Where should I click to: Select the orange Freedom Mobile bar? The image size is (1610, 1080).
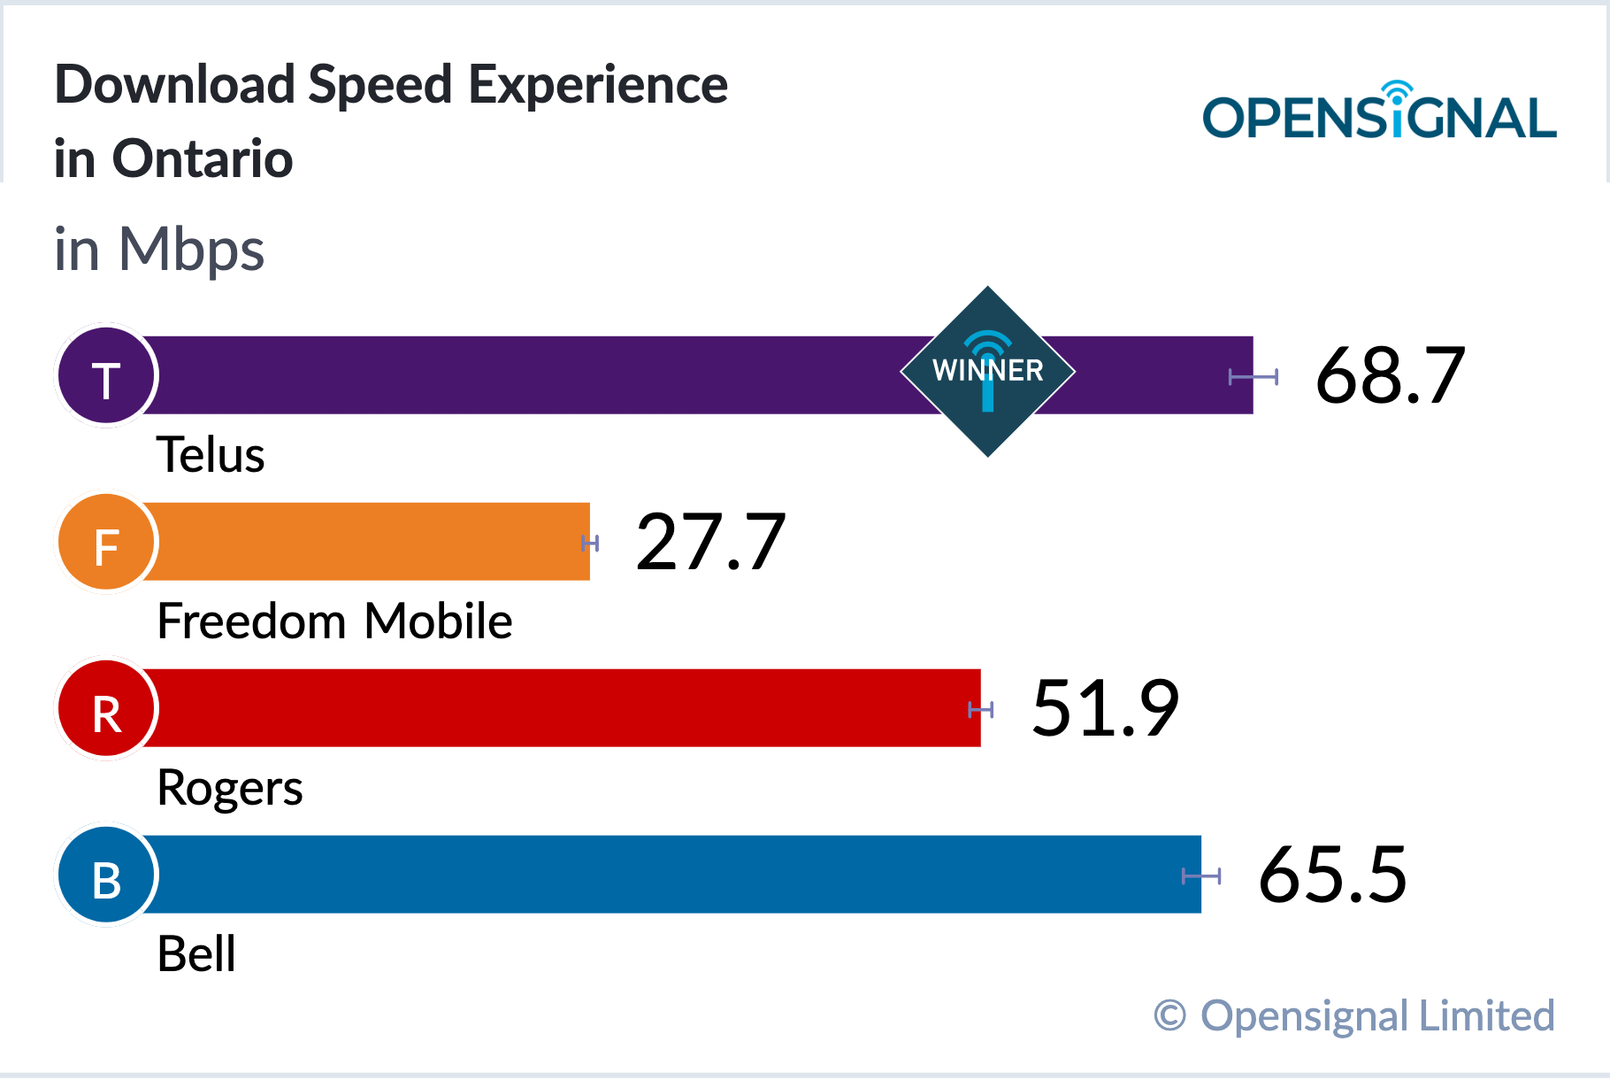point(363,542)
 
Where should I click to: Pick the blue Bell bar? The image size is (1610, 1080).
point(669,875)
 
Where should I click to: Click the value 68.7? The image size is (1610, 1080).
point(1390,376)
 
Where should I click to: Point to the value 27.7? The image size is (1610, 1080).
point(710,542)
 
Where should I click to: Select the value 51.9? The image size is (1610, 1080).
point(1105,708)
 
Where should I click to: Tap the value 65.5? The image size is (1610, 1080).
point(1332,875)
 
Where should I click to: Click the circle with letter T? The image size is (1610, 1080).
point(106,375)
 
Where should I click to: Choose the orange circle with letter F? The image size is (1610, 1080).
point(106,542)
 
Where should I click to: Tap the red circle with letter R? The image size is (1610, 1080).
point(106,708)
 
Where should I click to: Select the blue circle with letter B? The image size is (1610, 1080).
point(106,875)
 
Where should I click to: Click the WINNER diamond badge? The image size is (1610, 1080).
point(988,372)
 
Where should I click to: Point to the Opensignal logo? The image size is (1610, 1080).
point(1379,112)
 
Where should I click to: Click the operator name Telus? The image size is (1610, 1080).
point(211,455)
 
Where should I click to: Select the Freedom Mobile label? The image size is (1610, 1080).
point(334,621)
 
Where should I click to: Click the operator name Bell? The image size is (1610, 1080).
point(196,954)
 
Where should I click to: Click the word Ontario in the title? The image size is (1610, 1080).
point(203,159)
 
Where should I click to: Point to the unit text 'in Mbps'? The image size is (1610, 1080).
point(159,251)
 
